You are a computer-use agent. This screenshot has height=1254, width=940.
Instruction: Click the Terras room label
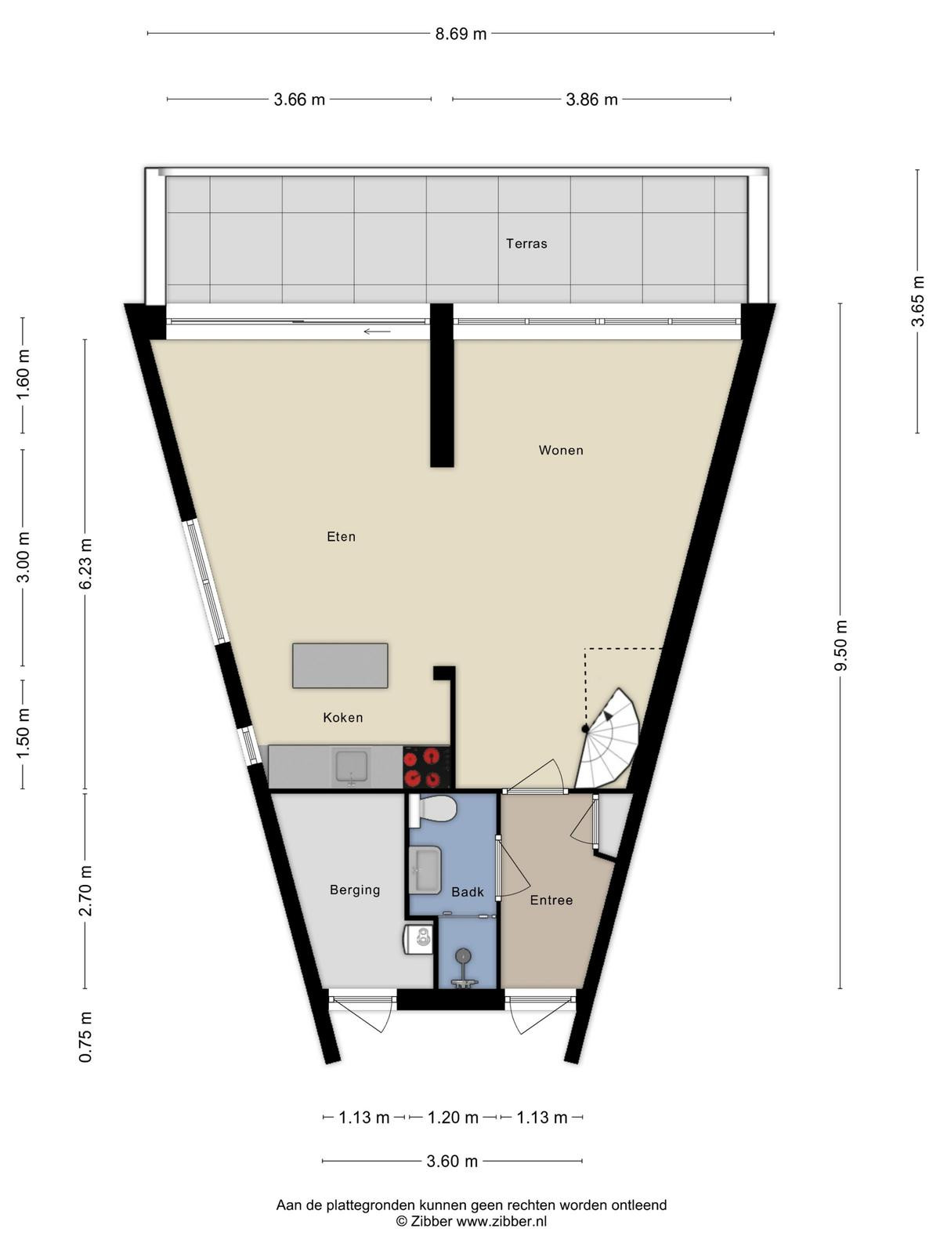(526, 244)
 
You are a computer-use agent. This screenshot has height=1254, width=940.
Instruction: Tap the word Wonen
(561, 450)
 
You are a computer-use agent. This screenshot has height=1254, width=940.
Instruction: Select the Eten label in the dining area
(342, 536)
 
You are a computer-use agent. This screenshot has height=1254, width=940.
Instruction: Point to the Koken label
(343, 718)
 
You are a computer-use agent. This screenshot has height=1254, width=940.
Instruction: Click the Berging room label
(355, 890)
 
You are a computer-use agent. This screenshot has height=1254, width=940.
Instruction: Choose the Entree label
(551, 901)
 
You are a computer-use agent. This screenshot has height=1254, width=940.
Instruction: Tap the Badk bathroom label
(468, 892)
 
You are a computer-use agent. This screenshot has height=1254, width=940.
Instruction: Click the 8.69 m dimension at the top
(461, 34)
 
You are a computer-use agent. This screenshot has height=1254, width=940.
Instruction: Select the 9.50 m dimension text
(840, 646)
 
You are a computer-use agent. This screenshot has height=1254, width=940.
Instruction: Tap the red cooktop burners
(426, 767)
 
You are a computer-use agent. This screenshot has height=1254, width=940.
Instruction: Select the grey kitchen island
(340, 665)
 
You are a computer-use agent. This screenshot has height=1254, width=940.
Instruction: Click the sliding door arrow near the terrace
(378, 332)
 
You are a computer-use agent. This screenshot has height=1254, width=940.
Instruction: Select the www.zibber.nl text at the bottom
(501, 1221)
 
